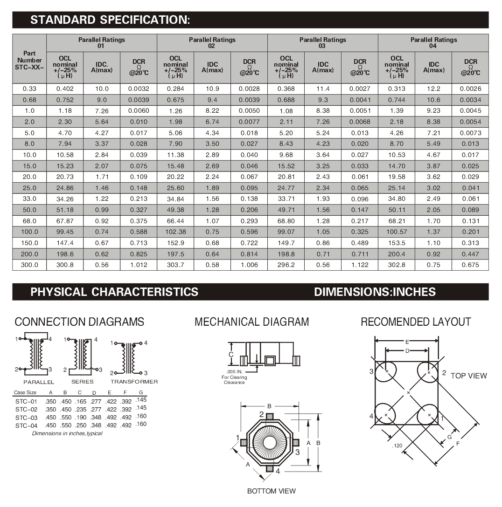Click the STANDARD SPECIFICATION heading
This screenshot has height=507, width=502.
coord(110,20)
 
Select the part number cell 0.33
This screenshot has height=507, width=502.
coord(29,89)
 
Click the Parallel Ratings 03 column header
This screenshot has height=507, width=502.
coord(322,43)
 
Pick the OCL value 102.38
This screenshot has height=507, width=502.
coord(175,232)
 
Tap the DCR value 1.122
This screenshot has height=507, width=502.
coord(360,265)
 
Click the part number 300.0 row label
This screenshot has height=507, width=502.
coord(29,265)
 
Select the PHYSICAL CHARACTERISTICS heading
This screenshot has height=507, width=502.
coord(114,292)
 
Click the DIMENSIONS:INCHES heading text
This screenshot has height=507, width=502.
coord(375,292)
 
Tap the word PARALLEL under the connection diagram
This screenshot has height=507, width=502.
coord(39,382)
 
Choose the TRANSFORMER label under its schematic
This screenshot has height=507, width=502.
coord(134,382)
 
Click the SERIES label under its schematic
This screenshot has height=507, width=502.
coord(82,382)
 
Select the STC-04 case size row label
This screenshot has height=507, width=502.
coord(26,425)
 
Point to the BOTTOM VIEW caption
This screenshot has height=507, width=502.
coord(271,491)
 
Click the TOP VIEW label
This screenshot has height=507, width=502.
coord(468,376)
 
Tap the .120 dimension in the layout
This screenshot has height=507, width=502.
coord(397,446)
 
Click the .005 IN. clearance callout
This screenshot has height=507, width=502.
coord(234,372)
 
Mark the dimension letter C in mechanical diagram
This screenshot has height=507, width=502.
coord(231,355)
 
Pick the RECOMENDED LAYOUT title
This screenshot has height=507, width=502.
coord(416,322)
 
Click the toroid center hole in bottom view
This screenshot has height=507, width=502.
coord(270,443)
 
